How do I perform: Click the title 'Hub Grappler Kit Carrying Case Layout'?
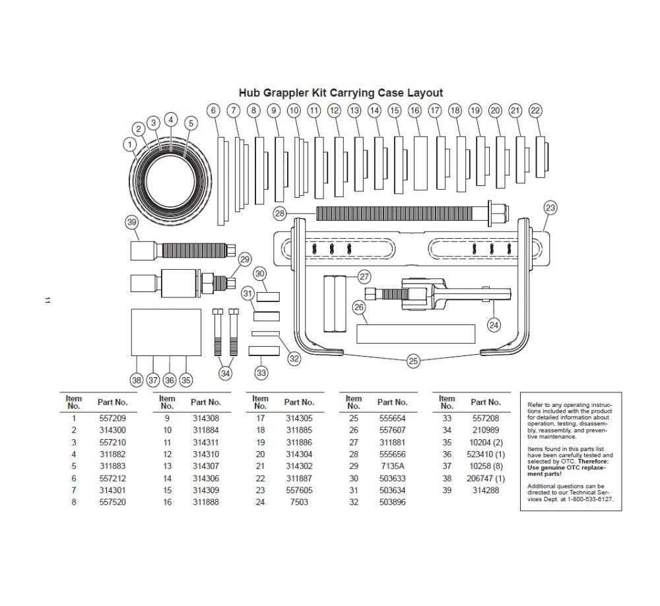(341, 93)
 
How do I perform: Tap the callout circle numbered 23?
(550, 208)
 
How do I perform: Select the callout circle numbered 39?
(132, 222)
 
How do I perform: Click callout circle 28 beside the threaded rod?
(280, 213)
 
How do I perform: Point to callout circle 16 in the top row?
(414, 111)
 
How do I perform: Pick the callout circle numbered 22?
(535, 111)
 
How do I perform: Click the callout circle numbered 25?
(413, 361)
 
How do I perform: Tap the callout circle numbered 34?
(226, 373)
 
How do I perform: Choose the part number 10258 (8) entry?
(486, 466)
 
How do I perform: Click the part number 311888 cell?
(205, 502)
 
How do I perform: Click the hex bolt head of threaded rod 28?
(498, 212)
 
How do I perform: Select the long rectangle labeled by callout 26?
(416, 333)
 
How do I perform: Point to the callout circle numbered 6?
(213, 111)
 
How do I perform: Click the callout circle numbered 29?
(245, 259)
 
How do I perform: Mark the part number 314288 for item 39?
(486, 490)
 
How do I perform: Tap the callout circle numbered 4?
(170, 120)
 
